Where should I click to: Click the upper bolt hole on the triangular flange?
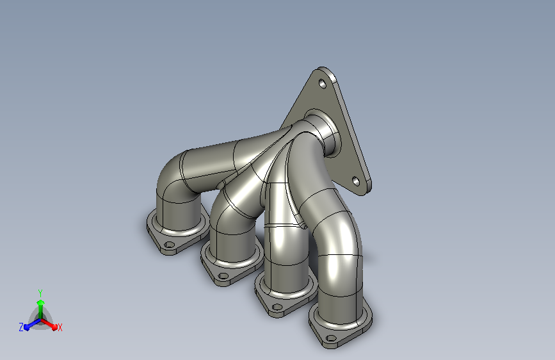click(323, 84)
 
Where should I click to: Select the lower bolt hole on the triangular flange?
click(356, 182)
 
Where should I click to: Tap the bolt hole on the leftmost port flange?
click(170, 245)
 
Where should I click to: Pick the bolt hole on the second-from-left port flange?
click(223, 275)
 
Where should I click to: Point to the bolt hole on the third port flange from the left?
click(277, 307)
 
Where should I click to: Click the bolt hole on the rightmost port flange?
click(331, 338)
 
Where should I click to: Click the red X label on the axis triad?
click(60, 328)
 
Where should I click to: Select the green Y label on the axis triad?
click(40, 293)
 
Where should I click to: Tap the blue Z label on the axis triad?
click(21, 327)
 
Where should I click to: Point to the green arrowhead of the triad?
click(41, 303)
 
